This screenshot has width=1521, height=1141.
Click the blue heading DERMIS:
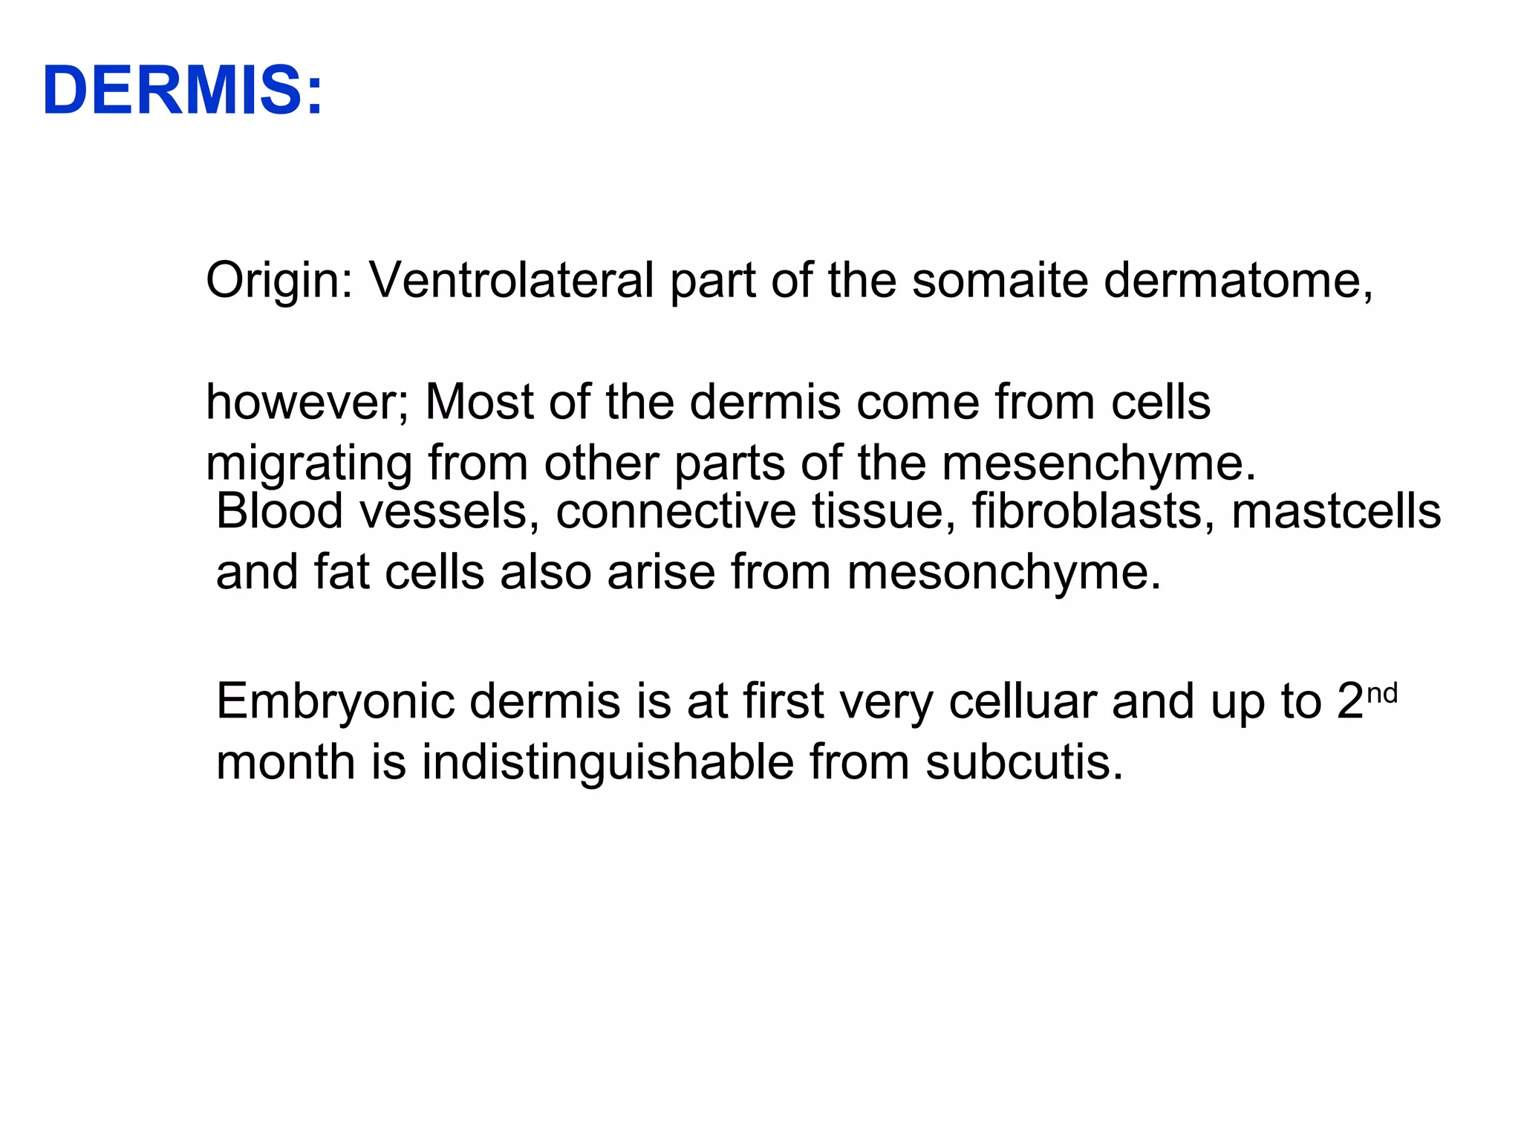[x=183, y=91]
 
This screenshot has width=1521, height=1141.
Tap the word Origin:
[x=279, y=281]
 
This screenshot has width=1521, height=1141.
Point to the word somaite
[x=1000, y=281]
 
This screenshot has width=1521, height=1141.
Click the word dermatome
[x=1234, y=281]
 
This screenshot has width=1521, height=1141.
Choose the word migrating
[x=308, y=465]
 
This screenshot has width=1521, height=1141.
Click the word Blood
[x=280, y=512]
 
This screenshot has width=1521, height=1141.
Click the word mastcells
[x=1336, y=512]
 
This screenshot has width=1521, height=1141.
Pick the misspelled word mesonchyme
[x=1003, y=573]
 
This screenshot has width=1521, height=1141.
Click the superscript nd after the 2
[x=1382, y=693]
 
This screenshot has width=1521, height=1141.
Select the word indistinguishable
[x=608, y=763]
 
